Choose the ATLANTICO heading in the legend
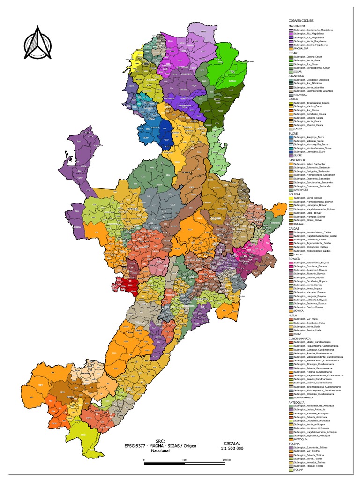[297, 75]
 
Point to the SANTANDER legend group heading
[298, 159]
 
